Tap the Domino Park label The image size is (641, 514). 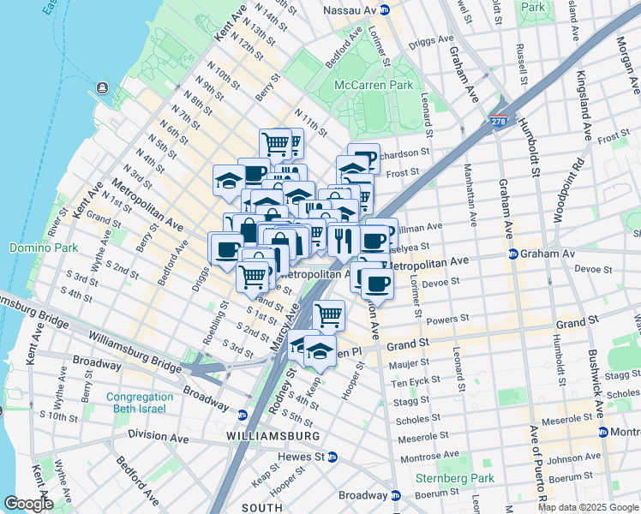click(x=32, y=248)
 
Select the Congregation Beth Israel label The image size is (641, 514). click(x=139, y=403)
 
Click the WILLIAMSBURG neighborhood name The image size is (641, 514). click(x=273, y=436)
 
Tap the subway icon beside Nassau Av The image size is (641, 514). click(x=386, y=10)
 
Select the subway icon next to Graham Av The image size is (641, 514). click(x=512, y=254)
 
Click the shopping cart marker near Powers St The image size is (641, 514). click(x=329, y=315)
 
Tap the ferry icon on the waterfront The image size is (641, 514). click(x=103, y=87)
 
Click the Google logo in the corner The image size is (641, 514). click(x=27, y=504)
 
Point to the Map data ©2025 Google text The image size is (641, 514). click(x=588, y=507)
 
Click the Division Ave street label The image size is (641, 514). click(x=158, y=435)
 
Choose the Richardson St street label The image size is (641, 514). click(x=401, y=153)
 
